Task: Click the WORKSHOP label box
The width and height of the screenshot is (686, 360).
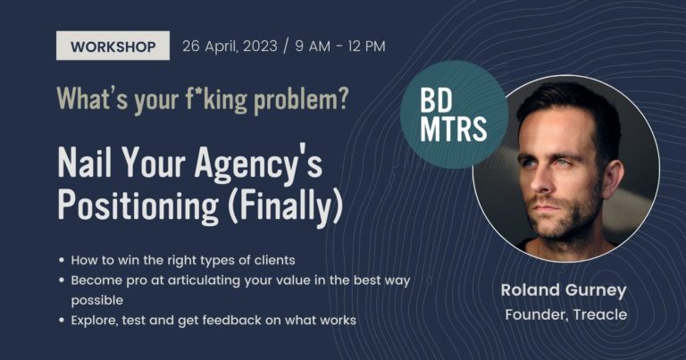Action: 113,46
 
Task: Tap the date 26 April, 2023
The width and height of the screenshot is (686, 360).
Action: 230,46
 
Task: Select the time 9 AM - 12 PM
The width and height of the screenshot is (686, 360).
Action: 340,46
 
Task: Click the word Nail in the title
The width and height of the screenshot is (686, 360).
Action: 85,162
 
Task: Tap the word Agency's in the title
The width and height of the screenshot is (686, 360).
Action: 258,164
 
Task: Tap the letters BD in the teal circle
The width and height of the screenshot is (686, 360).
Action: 436,101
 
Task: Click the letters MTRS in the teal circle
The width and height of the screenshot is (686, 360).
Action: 453,129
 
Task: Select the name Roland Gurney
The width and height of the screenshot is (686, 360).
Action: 564,291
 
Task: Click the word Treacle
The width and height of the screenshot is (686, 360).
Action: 600,314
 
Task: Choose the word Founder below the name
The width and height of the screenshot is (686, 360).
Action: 537,315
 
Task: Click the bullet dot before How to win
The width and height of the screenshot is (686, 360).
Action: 62,260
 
